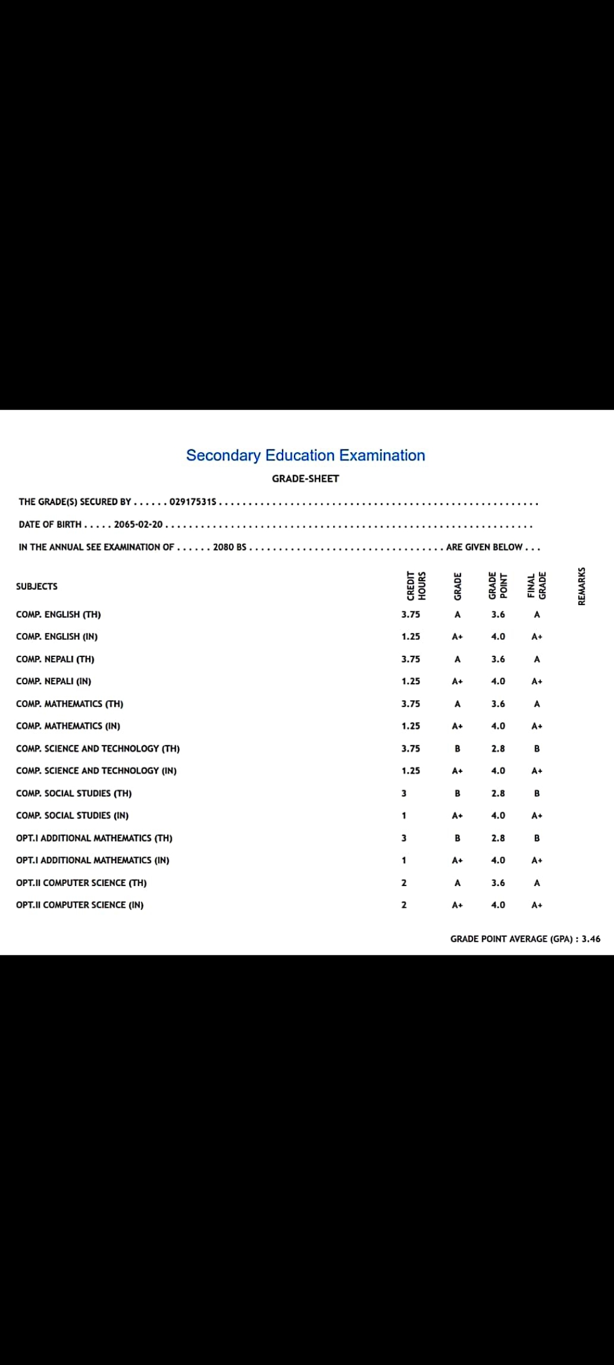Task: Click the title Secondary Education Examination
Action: tap(305, 455)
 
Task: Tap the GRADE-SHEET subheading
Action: tap(305, 479)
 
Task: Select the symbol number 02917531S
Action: tap(193, 502)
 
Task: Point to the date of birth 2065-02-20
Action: tap(138, 524)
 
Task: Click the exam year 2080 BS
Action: tap(230, 547)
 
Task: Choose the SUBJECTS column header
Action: tap(37, 586)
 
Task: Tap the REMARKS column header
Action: tap(582, 586)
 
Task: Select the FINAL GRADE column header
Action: tap(537, 585)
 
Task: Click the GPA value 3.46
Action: tap(591, 939)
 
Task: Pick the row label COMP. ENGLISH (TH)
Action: tap(59, 614)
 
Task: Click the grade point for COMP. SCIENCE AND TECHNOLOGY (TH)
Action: tap(498, 748)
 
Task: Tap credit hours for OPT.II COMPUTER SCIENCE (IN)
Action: tap(404, 905)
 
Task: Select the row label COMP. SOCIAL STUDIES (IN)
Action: tap(72, 816)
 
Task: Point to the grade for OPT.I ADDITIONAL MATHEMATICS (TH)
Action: tap(458, 838)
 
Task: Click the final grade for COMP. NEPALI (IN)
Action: tap(537, 681)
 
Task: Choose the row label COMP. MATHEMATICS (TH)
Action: tap(70, 704)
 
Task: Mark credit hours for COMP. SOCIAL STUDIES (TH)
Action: tap(404, 793)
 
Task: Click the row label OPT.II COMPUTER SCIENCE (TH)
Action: tap(81, 883)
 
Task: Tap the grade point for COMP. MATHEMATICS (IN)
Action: tap(498, 726)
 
